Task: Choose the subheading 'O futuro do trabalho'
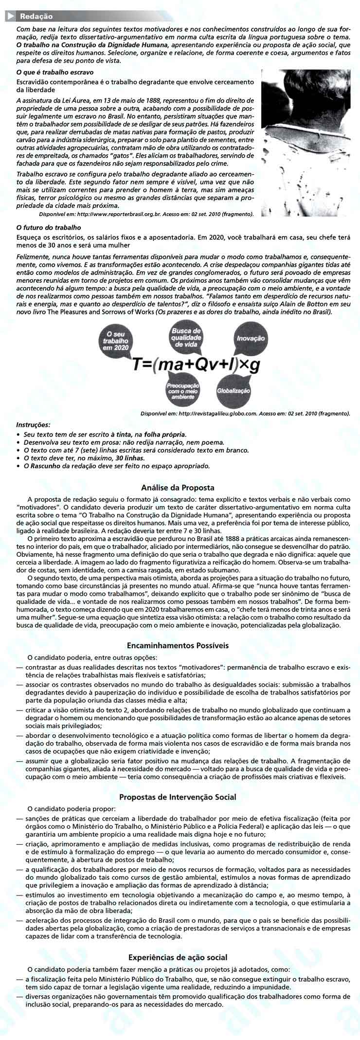[49, 227]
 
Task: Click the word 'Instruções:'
[33, 424]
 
